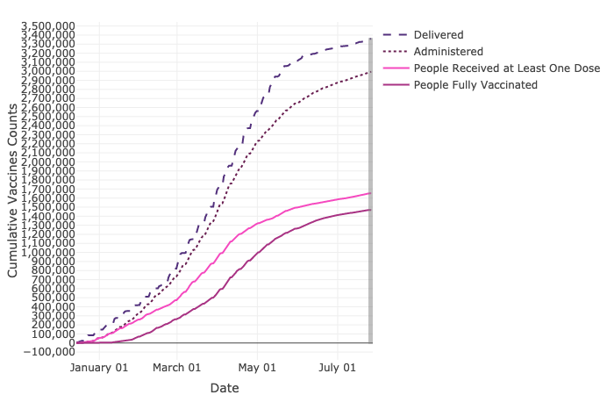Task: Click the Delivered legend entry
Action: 439,34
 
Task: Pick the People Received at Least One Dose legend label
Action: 507,68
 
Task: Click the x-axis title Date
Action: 224,387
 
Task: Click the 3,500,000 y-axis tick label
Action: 48,25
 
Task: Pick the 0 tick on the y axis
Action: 70,342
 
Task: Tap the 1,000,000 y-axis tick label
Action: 48,252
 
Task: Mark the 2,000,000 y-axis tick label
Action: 48,162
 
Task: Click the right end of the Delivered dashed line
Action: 370,39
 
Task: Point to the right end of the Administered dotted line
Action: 370,72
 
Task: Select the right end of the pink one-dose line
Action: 370,193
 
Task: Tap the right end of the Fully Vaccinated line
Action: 370,210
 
